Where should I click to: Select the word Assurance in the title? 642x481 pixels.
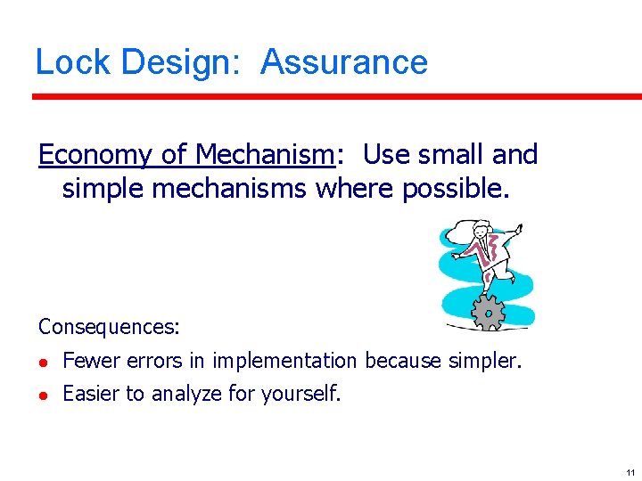click(x=344, y=62)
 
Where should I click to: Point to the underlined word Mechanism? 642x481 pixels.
click(x=264, y=155)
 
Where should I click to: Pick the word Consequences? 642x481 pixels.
click(x=109, y=327)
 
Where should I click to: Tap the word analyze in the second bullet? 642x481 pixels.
click(x=189, y=394)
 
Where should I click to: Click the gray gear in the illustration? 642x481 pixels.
click(x=488, y=312)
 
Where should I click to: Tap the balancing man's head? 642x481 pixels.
click(x=482, y=230)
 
